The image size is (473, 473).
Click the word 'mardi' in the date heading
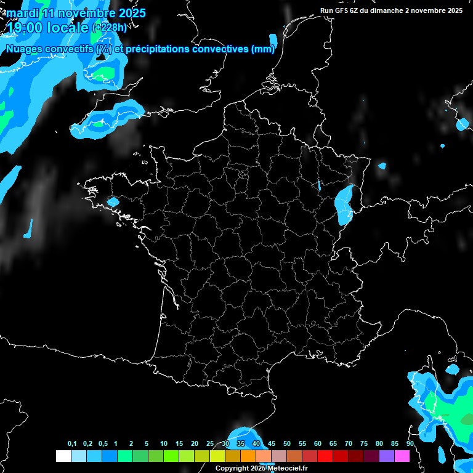[21, 13]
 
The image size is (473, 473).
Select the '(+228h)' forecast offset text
[110, 27]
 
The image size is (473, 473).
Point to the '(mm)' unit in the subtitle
[263, 49]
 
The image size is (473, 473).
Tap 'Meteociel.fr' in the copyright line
[288, 468]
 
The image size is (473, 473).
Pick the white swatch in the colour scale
[63, 456]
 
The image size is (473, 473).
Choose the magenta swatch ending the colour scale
[402, 456]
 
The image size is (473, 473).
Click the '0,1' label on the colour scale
[72, 443]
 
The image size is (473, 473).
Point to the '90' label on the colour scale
[410, 443]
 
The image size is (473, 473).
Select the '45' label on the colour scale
[272, 443]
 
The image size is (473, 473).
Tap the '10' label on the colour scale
[163, 443]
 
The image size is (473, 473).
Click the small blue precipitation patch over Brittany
[113, 202]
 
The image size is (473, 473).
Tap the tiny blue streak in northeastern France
[319, 185]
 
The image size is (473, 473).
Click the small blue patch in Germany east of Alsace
[382, 166]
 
